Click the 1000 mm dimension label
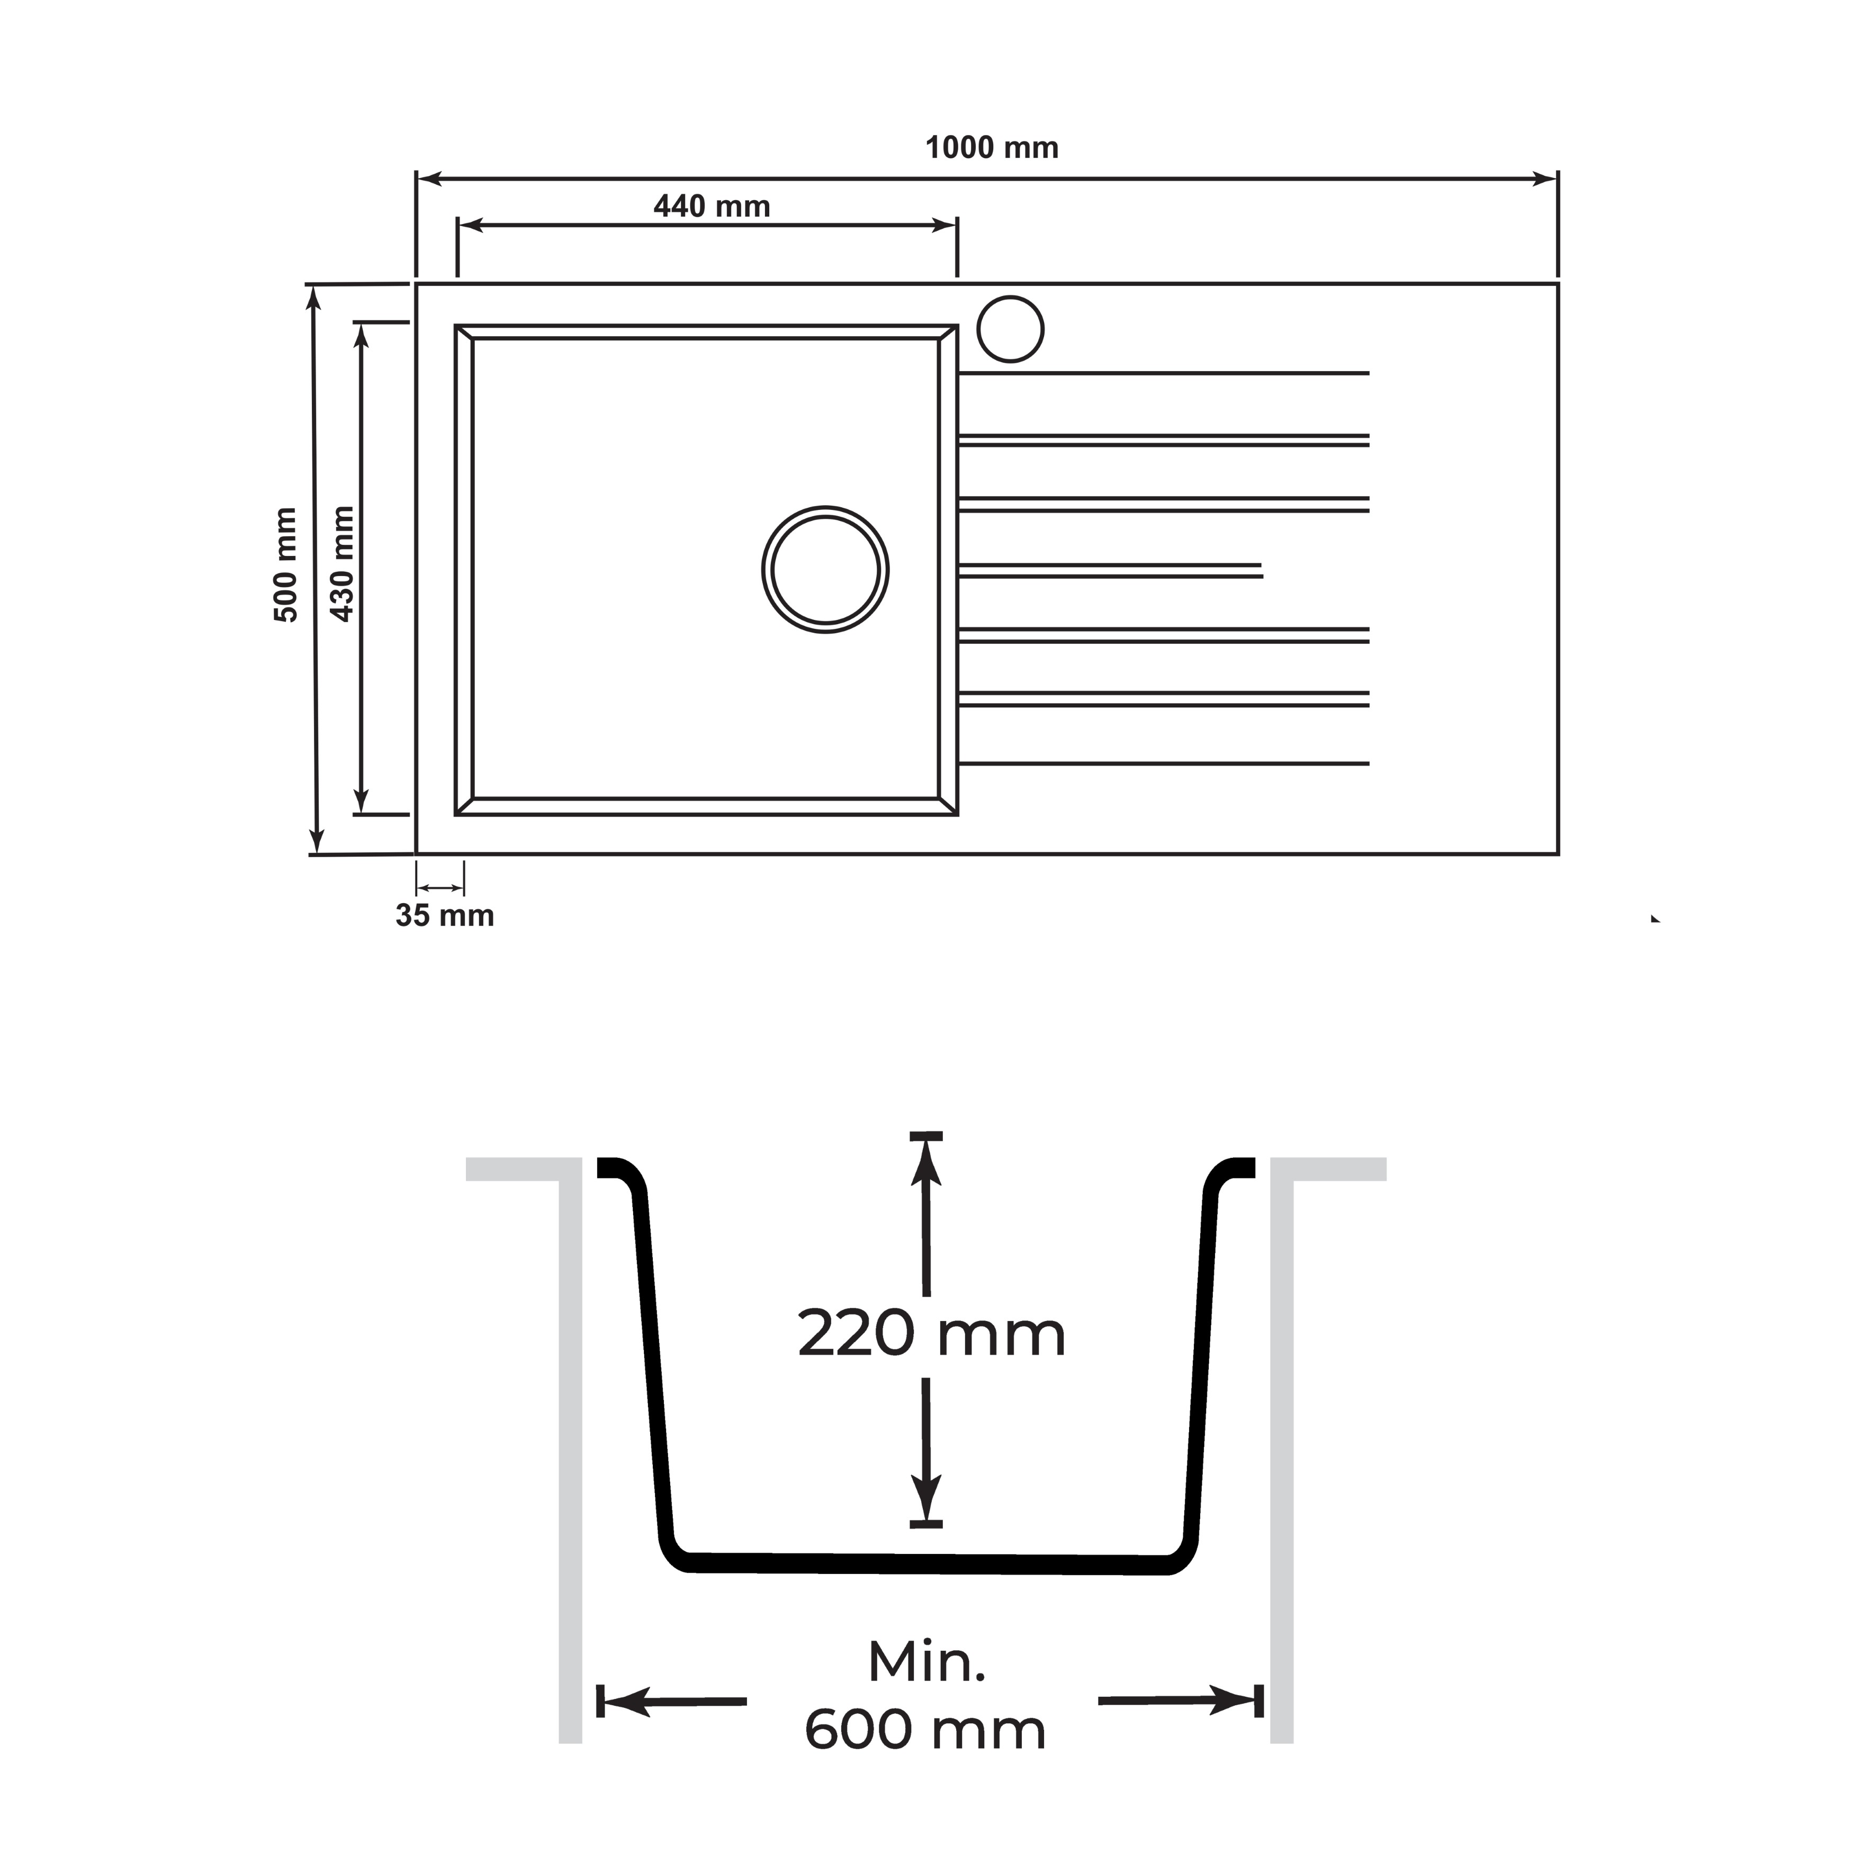click(992, 149)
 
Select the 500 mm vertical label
click(286, 565)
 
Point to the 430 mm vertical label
click(343, 564)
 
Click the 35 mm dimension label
click(445, 916)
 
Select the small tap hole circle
click(1010, 329)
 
